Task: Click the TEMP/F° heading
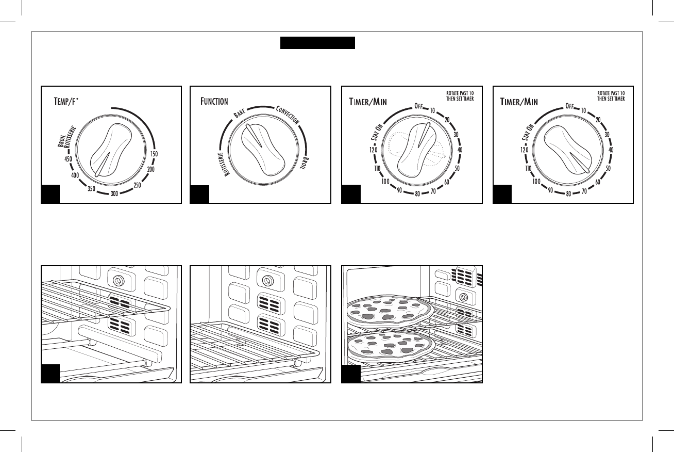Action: click(74, 102)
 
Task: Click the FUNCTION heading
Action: click(214, 101)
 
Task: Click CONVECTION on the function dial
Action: click(288, 116)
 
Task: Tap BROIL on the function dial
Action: click(306, 164)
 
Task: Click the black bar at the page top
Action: click(317, 43)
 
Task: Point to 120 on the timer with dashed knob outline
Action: click(367, 150)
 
